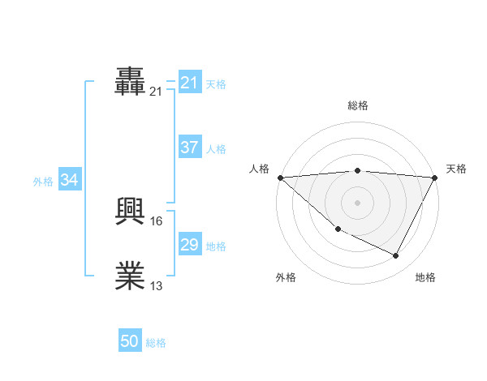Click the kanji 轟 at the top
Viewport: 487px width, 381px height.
(131, 83)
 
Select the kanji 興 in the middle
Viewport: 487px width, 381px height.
(131, 212)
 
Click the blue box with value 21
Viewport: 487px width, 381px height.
(190, 83)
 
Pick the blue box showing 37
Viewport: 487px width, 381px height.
(190, 148)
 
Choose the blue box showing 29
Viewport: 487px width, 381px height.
(190, 245)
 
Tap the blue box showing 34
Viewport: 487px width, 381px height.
(70, 180)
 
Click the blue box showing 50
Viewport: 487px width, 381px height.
(130, 342)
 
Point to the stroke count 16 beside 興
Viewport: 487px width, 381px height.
(157, 220)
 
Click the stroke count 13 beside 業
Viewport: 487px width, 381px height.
(157, 285)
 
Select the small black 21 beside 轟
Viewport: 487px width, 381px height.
(157, 92)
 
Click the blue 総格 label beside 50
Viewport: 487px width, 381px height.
(156, 344)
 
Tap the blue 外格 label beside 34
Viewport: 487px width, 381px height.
(43, 182)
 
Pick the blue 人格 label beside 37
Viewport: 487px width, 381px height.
(216, 149)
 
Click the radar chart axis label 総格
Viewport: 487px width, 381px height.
(357, 105)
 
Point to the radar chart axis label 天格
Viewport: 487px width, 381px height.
(456, 169)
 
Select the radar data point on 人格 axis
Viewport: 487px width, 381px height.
(280, 177)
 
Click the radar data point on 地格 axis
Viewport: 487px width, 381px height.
(396, 256)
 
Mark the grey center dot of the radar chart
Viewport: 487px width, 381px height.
(357, 202)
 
